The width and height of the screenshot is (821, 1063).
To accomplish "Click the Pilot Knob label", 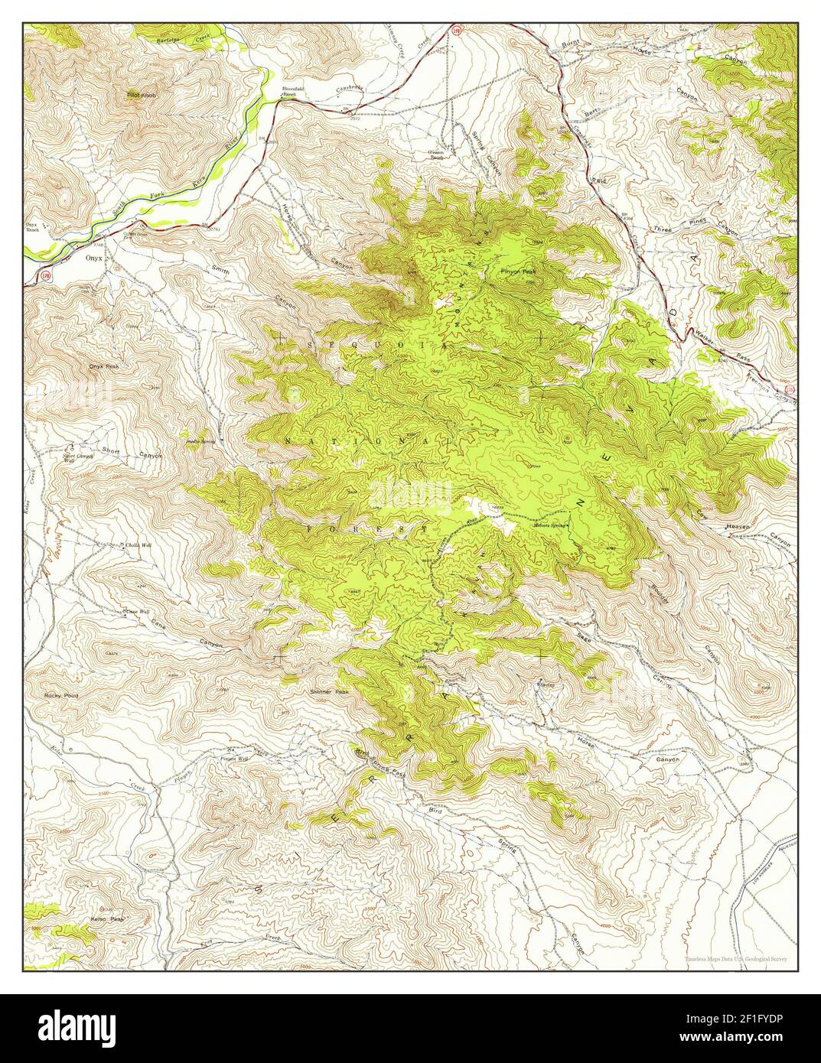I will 142,96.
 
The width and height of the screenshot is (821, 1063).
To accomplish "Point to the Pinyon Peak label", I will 518,271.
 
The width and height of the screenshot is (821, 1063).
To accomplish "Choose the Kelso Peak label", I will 106,918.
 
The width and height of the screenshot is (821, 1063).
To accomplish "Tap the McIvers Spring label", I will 552,525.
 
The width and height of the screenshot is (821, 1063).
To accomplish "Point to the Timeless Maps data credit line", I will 739,957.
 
